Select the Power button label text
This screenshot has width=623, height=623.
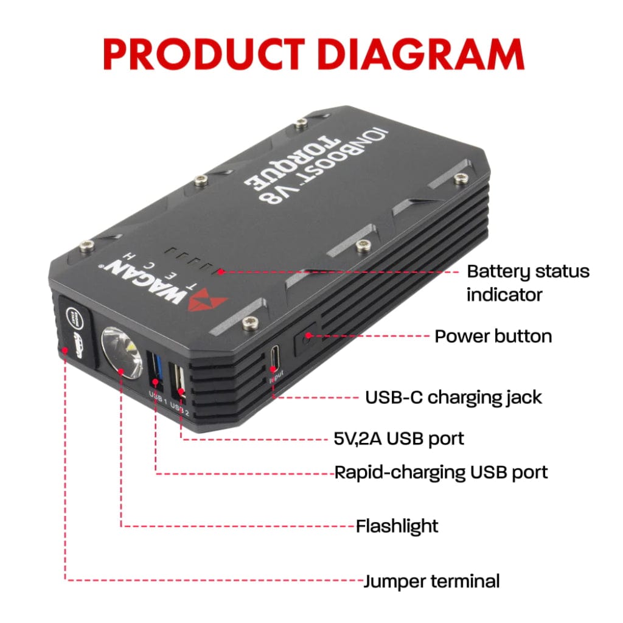click(x=493, y=336)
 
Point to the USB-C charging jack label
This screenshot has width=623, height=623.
click(x=453, y=397)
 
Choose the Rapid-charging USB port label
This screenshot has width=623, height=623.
click(x=441, y=472)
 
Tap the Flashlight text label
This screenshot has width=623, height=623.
click(x=397, y=526)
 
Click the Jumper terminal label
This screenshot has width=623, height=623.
click(x=431, y=581)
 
